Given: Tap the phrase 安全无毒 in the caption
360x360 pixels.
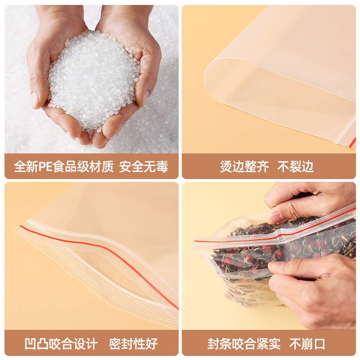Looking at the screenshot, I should [144, 167].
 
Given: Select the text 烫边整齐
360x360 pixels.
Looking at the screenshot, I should [244, 167].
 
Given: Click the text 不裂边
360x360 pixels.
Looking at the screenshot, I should [295, 167].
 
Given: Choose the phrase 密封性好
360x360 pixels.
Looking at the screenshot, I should [133, 345].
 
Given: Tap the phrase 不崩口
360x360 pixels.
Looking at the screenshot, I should [307, 345].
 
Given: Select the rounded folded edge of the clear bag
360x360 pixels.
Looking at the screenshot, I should [216, 81].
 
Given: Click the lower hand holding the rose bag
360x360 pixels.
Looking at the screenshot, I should [315, 288].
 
